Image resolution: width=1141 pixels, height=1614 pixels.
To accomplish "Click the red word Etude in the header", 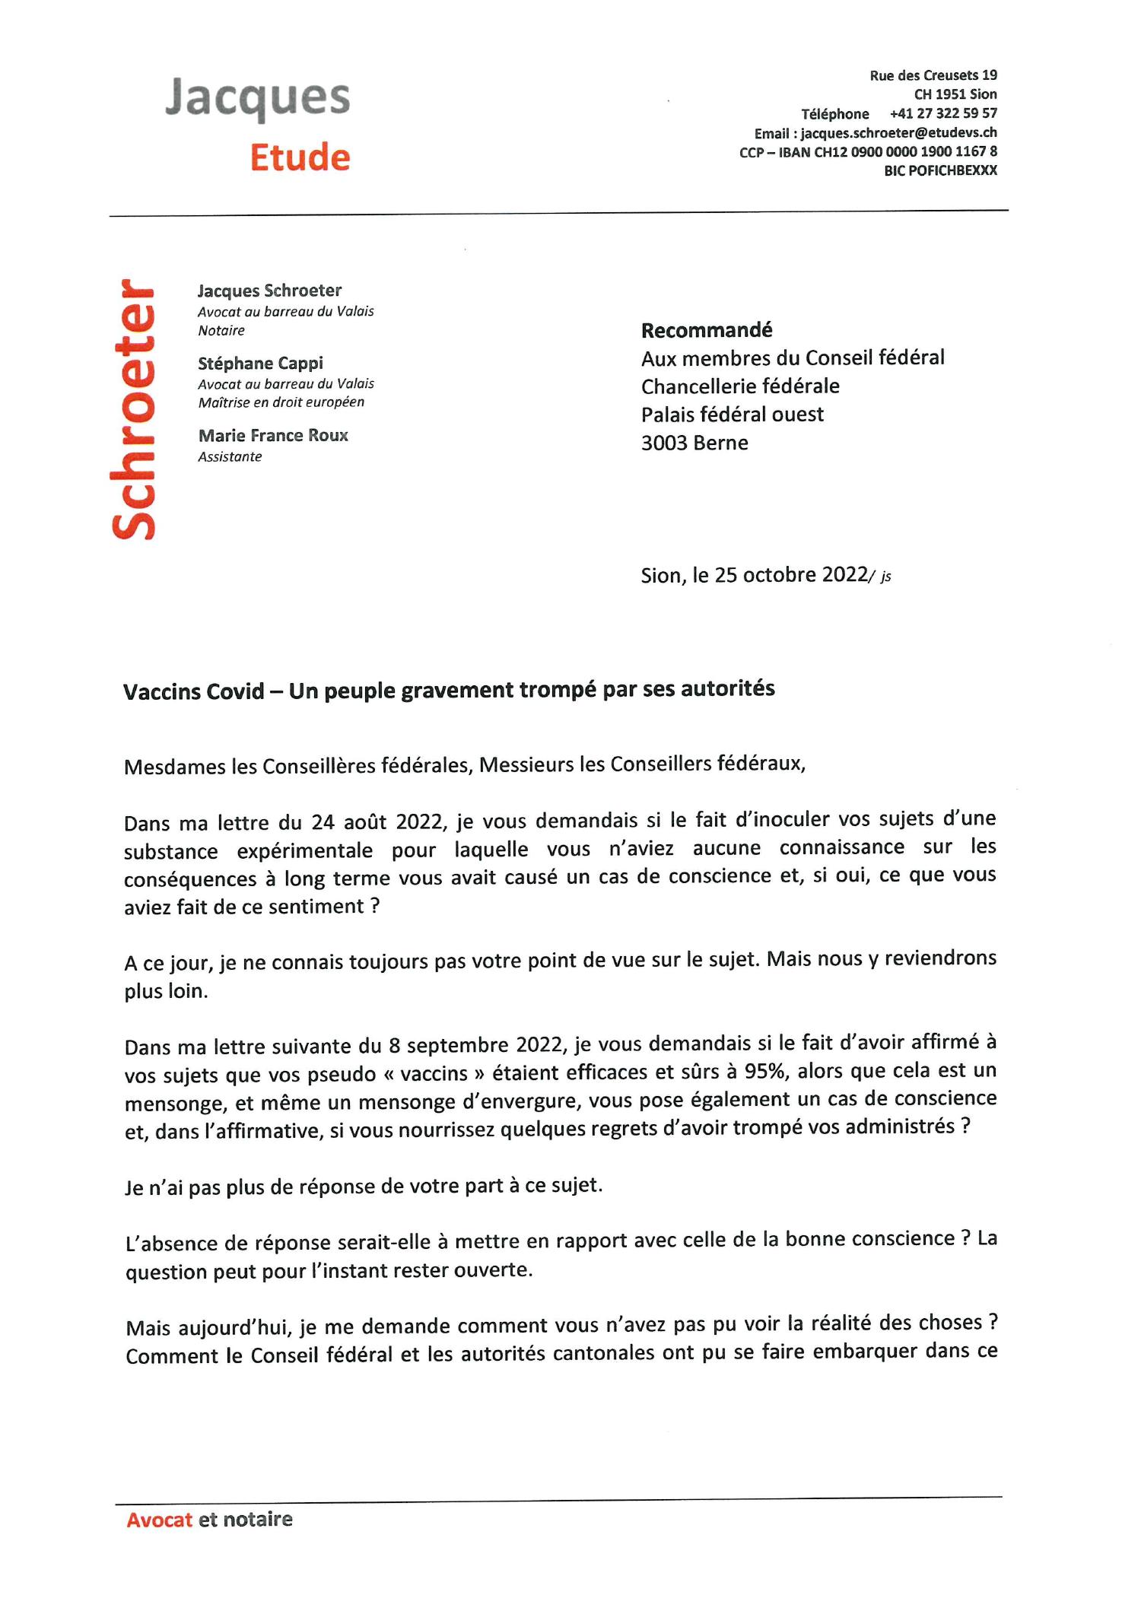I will click(x=300, y=157).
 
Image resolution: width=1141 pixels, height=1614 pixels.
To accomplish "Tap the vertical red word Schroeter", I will click(x=135, y=410).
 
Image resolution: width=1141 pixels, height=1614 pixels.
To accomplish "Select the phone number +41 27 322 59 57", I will click(x=942, y=113).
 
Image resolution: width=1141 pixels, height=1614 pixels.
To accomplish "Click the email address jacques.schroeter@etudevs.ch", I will click(x=898, y=132).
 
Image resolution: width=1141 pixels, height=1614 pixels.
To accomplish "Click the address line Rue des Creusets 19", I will click(x=933, y=75).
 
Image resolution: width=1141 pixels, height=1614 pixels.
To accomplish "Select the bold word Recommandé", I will click(x=706, y=329).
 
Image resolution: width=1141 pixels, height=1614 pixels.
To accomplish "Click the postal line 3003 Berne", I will click(x=694, y=443).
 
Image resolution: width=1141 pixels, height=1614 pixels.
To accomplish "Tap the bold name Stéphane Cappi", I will click(x=260, y=363).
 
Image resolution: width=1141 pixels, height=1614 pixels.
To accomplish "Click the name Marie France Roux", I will click(x=273, y=435).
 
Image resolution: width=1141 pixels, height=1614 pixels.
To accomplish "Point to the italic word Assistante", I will click(x=230, y=456).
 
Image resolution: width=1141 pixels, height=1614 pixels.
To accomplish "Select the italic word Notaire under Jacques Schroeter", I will click(x=221, y=330).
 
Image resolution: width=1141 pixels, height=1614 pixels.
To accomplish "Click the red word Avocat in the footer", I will click(x=159, y=1519).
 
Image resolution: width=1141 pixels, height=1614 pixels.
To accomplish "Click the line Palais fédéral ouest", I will click(x=732, y=415).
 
